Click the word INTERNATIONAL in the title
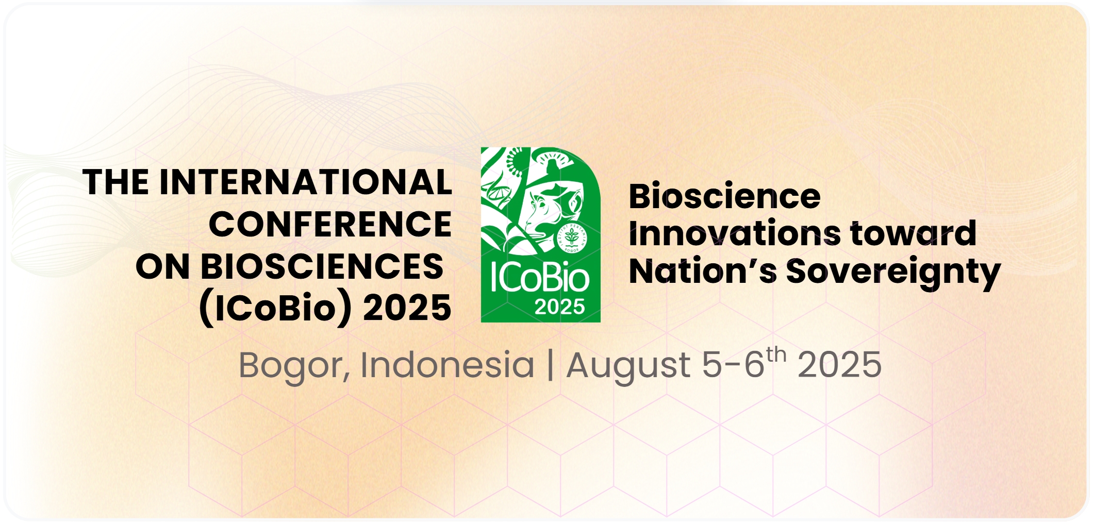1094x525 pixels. point(306,182)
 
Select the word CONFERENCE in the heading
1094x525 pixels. point(330,225)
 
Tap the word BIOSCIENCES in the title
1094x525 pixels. point(322,267)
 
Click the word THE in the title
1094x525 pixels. point(117,182)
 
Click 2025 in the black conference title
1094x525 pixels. point(407,308)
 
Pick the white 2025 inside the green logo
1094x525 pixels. point(559,307)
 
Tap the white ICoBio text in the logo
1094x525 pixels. point(540,279)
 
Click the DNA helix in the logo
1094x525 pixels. point(496,191)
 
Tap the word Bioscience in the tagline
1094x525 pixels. point(724,196)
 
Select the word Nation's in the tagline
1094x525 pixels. point(703,272)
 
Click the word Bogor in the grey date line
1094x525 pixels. point(290,365)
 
